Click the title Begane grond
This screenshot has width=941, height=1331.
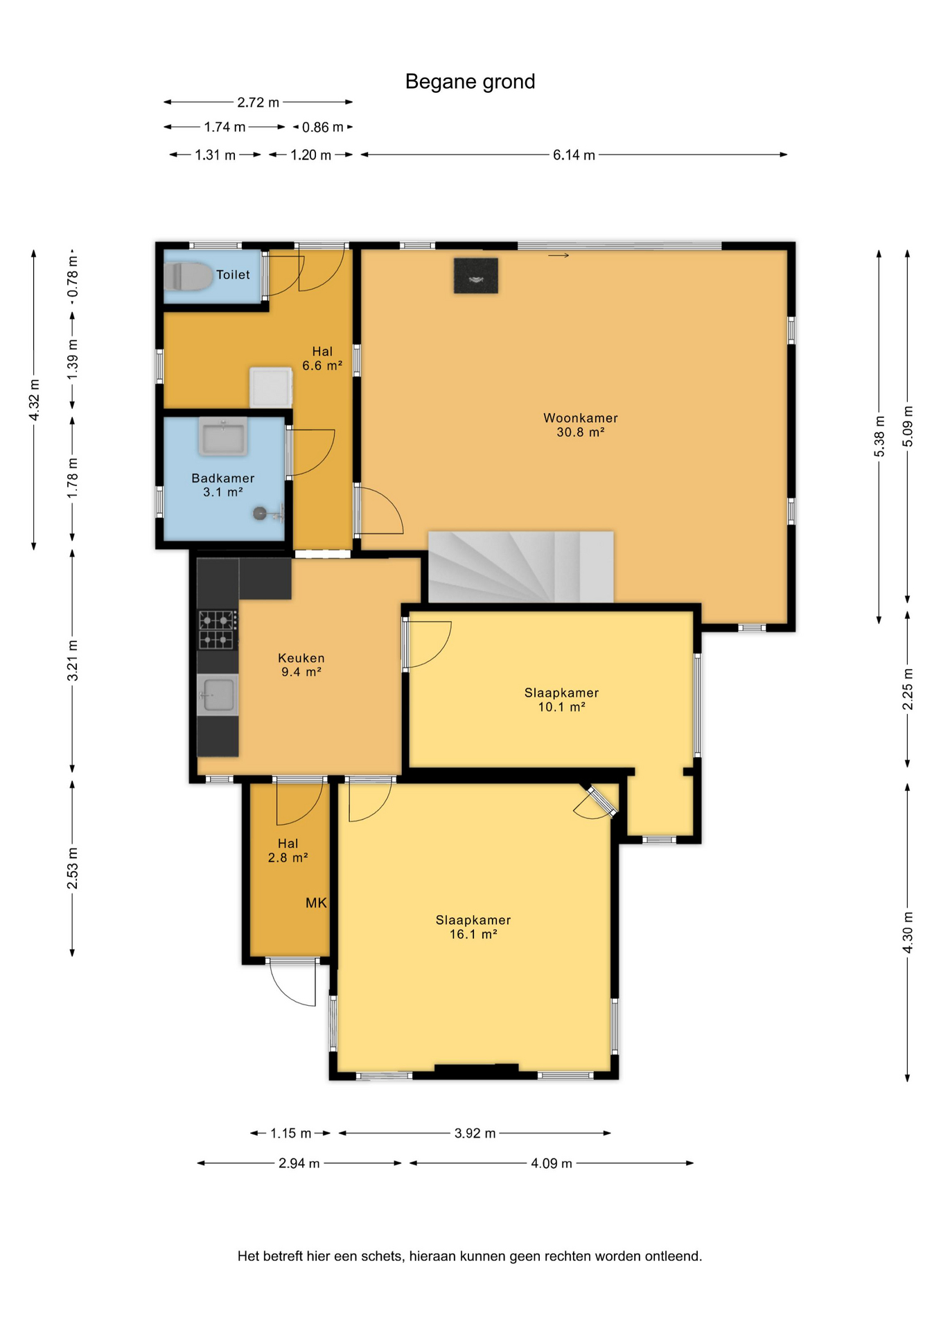click(470, 82)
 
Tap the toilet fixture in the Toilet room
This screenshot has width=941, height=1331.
click(188, 277)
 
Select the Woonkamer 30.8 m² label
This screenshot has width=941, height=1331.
click(580, 425)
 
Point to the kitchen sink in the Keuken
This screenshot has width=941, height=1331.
click(218, 695)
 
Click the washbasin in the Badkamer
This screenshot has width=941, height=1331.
click(222, 437)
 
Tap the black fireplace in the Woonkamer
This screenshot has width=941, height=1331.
click(476, 275)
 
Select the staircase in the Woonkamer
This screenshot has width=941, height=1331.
click(520, 566)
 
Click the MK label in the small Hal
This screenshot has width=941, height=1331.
click(316, 903)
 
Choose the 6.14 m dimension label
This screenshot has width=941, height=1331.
click(574, 155)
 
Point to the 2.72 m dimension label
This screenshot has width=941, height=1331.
click(258, 103)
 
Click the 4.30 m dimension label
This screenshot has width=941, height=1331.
click(908, 932)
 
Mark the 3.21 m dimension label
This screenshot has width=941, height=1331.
click(72, 661)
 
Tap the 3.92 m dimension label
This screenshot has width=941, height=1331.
click(475, 1133)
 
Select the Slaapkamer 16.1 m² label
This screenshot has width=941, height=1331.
click(473, 927)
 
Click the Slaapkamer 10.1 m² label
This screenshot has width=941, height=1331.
click(561, 699)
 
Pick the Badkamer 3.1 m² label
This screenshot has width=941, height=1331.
click(223, 485)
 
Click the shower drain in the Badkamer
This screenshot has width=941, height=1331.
click(260, 514)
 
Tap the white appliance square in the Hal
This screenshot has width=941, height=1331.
click(271, 388)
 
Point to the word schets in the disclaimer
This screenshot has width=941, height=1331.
click(381, 1256)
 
